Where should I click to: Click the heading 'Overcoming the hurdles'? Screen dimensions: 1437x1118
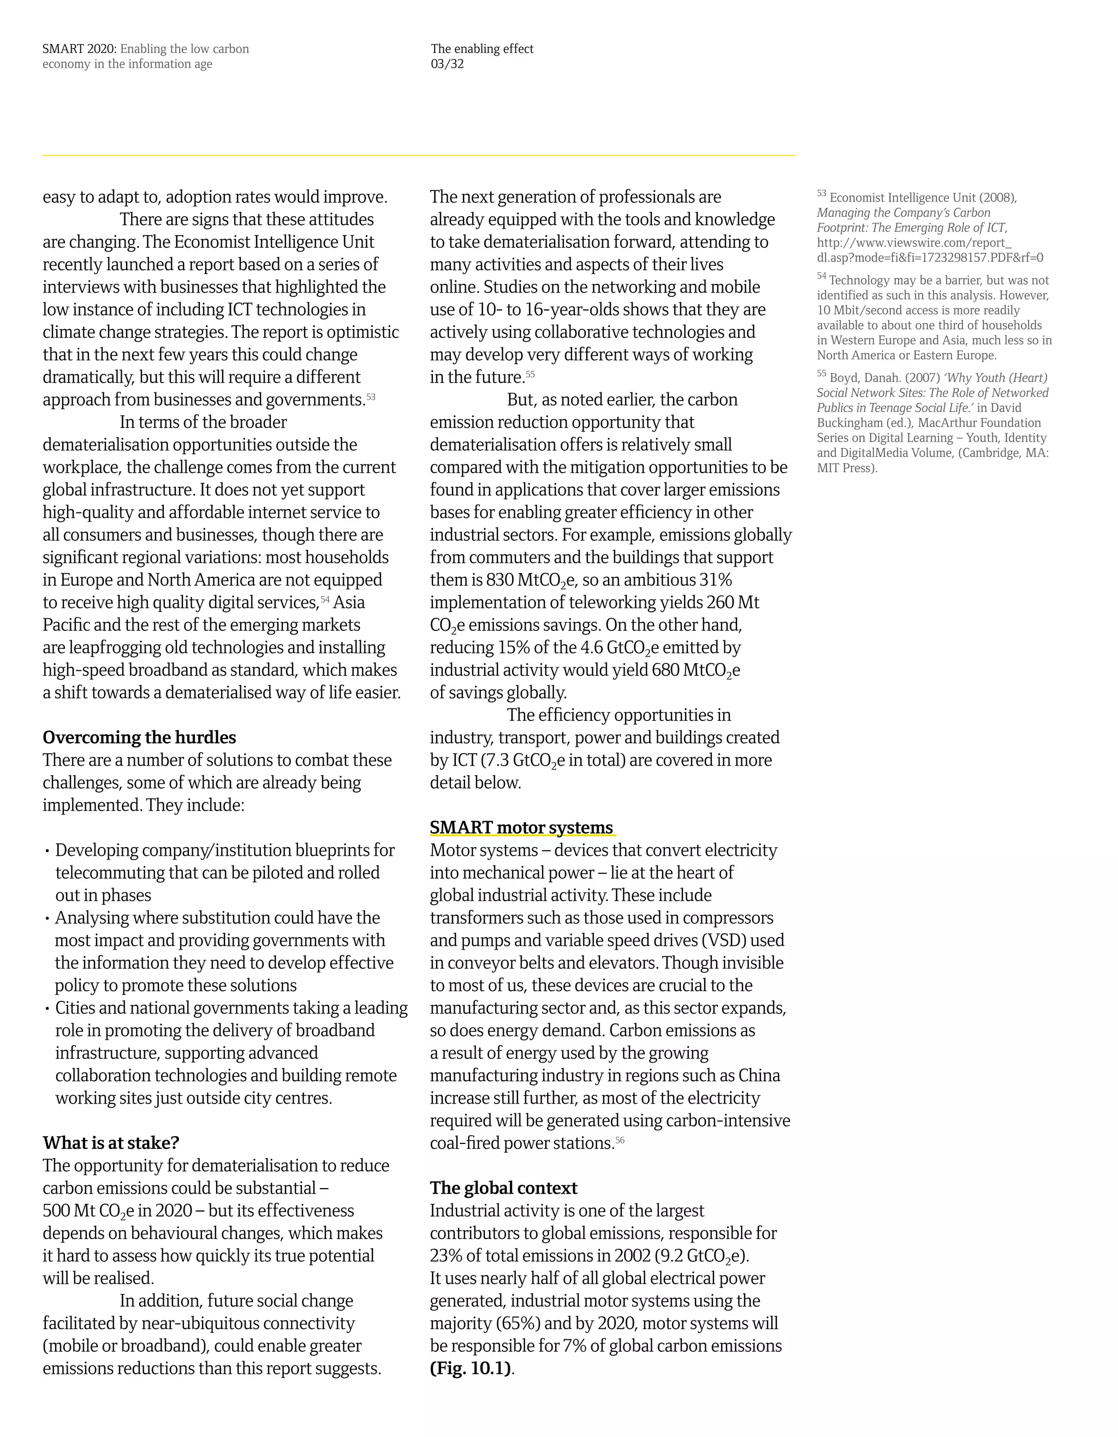pos(139,737)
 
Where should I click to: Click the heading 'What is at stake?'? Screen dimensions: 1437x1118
pos(111,1143)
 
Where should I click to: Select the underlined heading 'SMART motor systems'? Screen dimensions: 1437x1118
pos(521,828)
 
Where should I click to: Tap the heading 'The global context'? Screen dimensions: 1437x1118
pos(503,1188)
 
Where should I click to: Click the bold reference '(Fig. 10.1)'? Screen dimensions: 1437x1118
pos(471,1369)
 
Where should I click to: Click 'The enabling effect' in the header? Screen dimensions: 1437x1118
pos(481,49)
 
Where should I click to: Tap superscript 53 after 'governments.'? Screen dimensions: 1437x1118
pos(371,397)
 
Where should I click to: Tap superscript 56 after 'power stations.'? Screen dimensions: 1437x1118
pos(620,1140)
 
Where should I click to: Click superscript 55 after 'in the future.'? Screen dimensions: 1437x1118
pos(531,374)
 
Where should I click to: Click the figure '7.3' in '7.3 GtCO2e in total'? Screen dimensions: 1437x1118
pos(496,761)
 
